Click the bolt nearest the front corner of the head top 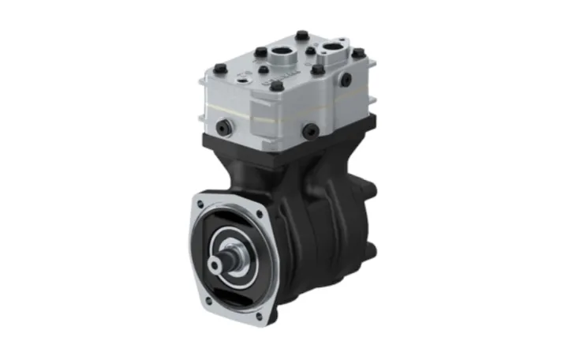tap(276, 84)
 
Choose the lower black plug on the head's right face tap(310, 131)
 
